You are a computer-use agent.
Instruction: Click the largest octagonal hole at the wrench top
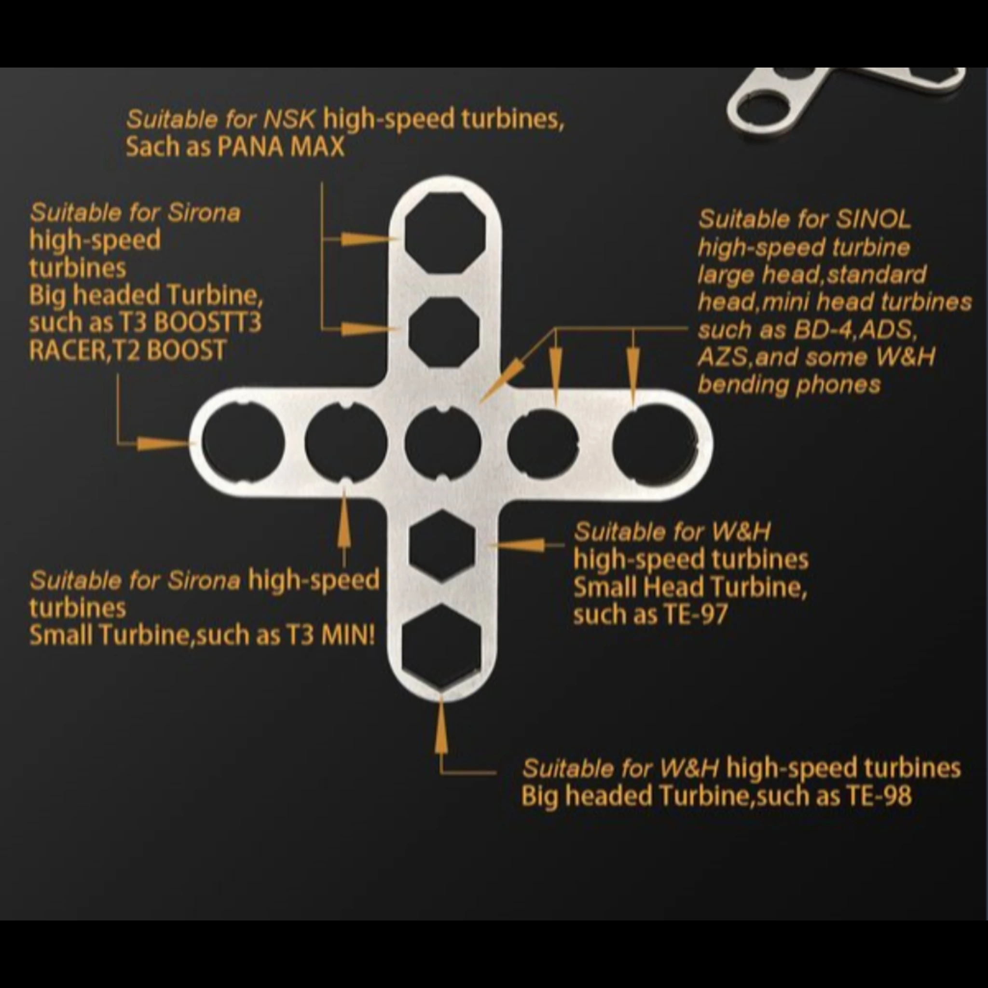445,236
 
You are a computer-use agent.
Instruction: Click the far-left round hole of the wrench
243,442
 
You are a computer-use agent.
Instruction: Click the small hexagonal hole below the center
443,547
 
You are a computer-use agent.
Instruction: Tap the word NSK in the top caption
289,120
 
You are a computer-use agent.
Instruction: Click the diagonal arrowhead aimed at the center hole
502,379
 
